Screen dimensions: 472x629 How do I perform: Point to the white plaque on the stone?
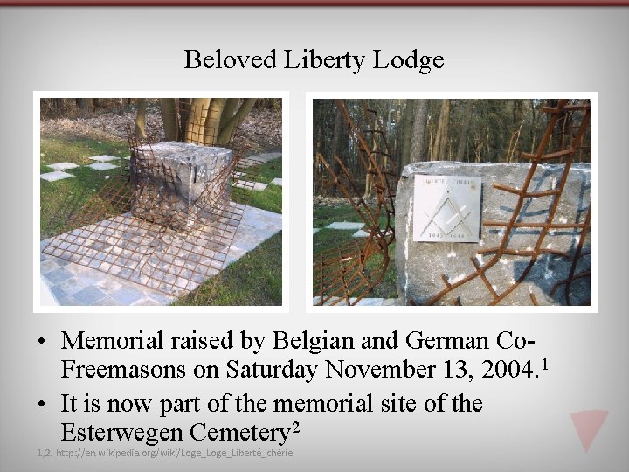447,207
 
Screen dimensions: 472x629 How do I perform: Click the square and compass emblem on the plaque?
447,207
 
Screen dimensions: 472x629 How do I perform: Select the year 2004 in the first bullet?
508,370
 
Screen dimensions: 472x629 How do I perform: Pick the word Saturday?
273,370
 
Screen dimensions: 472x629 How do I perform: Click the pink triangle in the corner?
589,428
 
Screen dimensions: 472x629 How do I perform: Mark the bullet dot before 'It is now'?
44,404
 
